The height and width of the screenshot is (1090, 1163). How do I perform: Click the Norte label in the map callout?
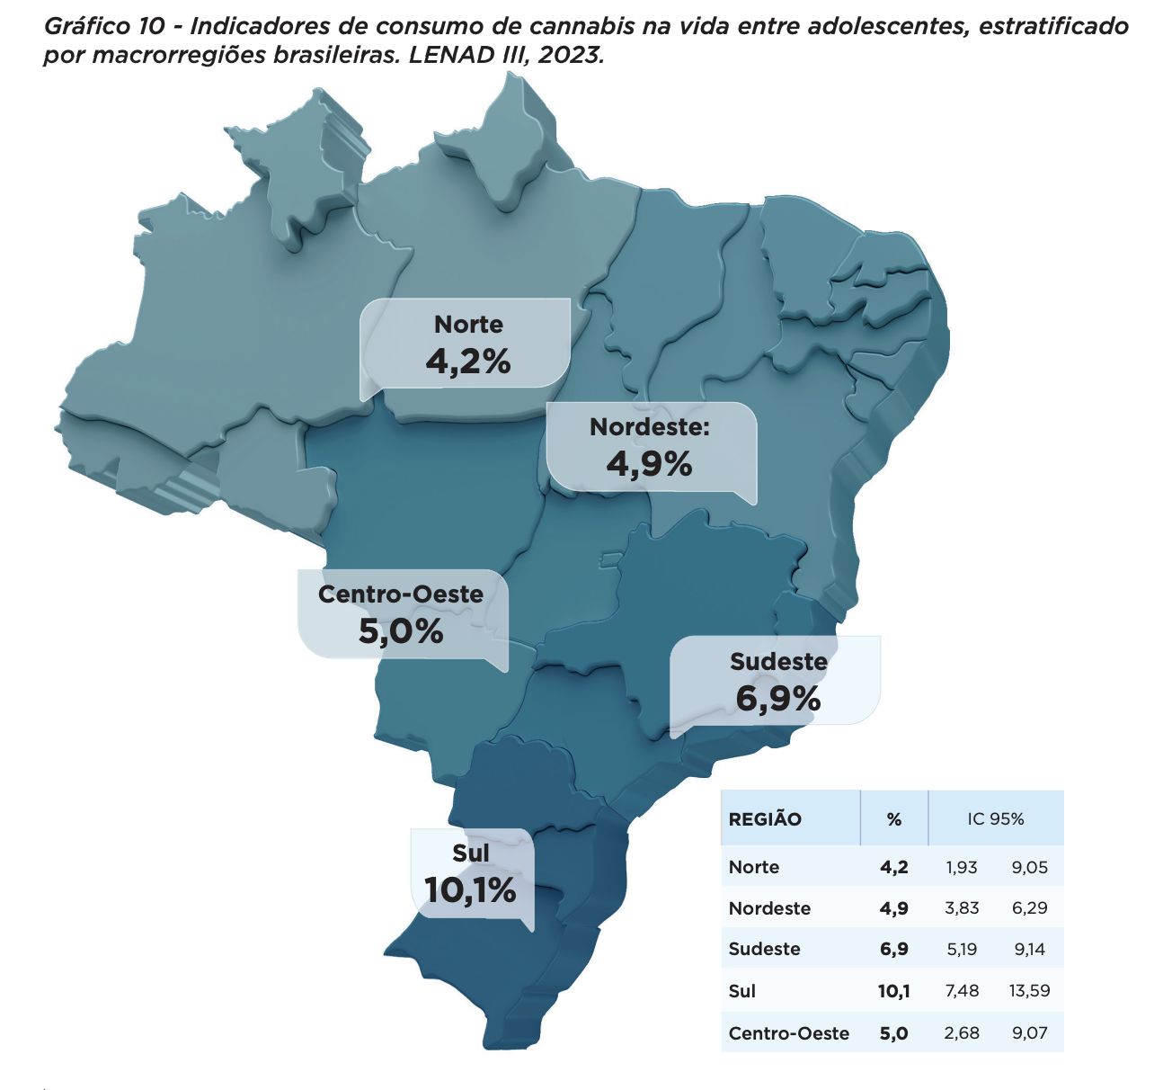pos(468,324)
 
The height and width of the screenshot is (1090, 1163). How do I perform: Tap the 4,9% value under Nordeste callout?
pos(649,464)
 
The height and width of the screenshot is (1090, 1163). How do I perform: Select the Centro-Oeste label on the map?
pos(401,594)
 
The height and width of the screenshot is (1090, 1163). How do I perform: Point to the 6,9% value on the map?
pos(778,698)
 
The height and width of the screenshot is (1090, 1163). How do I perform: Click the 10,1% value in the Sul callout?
pos(470,890)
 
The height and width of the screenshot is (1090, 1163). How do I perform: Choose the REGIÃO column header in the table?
pos(765,819)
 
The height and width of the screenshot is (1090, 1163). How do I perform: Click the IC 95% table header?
pos(996,819)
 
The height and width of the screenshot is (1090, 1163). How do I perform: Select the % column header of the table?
pos(893,819)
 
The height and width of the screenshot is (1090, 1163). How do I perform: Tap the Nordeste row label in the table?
pos(769,908)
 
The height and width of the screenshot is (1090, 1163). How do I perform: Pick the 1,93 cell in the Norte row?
pos(961,868)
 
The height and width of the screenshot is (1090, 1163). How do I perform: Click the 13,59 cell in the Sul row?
pos(1029,991)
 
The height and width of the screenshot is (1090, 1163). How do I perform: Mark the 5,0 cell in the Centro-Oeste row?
pos(893,1033)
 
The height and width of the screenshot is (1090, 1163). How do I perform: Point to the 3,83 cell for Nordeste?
pos(961,908)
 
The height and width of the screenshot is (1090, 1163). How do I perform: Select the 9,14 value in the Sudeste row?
pos(1029,950)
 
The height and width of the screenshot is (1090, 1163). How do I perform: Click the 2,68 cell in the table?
pos(961,1033)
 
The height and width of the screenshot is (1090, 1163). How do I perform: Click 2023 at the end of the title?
pos(572,54)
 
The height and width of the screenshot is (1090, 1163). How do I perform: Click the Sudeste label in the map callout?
pos(778,662)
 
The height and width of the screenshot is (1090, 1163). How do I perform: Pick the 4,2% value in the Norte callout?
pos(468,362)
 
